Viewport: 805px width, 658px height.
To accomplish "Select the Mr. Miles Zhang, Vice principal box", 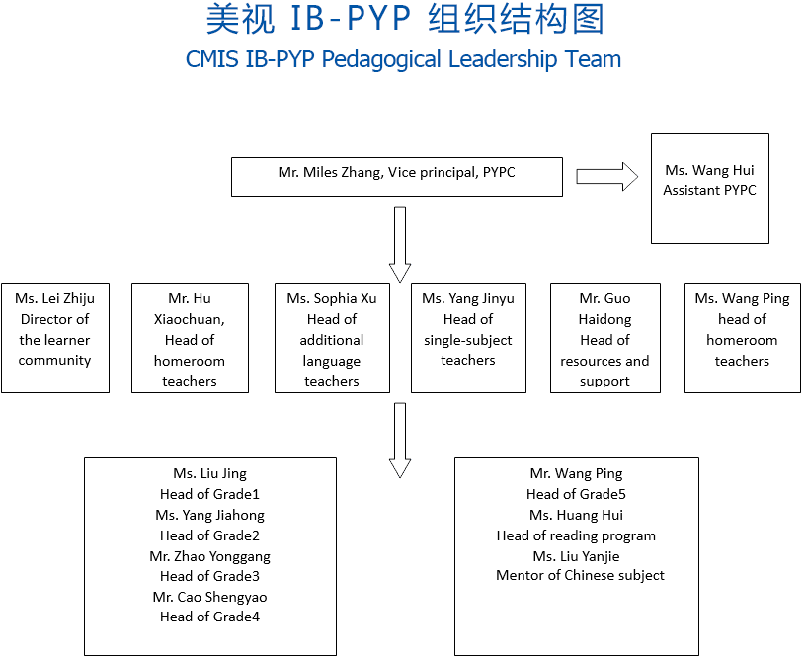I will (396, 176).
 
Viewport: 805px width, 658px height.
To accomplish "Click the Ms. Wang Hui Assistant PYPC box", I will (709, 188).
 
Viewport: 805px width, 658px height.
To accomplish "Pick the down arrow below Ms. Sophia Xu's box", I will (399, 440).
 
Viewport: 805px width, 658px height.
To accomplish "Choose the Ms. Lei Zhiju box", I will (55, 338).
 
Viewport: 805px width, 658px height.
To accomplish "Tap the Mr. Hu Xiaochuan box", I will (190, 338).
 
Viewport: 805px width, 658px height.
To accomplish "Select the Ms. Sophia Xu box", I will (332, 338).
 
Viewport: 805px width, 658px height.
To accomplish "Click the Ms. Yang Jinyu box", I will (468, 338).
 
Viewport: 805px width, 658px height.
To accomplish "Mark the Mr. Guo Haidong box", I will (604, 338).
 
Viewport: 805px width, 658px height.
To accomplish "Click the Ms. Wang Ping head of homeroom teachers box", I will (742, 338).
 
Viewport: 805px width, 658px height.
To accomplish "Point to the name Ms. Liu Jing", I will (209, 474).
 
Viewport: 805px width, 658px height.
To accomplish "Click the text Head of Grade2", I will (209, 535).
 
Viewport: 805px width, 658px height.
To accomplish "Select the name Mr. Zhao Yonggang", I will (209, 556).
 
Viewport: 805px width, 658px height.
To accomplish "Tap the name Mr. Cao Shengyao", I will (209, 597).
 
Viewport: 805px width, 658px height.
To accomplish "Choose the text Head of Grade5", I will (576, 494).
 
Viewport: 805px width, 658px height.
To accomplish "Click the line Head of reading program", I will (576, 535).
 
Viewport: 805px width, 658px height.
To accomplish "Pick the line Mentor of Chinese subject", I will (580, 575).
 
